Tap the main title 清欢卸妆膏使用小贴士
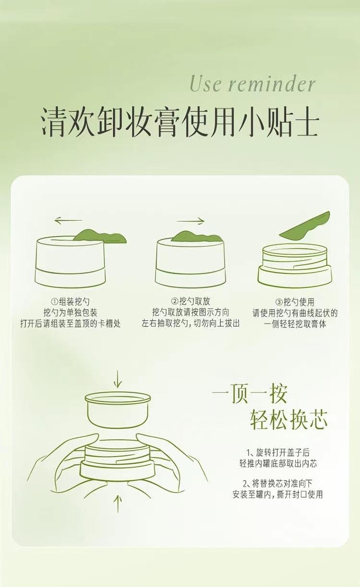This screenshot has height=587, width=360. click(180, 123)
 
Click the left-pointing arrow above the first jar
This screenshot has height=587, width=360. click(68, 221)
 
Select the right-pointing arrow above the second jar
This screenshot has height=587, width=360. click(191, 221)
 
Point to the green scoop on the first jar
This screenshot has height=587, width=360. click(101, 236)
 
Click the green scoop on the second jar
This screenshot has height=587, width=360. click(197, 237)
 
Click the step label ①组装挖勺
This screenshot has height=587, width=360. click(70, 301)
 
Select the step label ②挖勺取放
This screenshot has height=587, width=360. click(191, 301)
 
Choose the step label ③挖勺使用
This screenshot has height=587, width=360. click(295, 302)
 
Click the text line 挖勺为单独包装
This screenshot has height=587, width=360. click(70, 313)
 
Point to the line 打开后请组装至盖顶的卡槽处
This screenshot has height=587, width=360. click(70, 324)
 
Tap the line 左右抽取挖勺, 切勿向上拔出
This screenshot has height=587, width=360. click(191, 324)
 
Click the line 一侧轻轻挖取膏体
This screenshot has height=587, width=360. click(295, 324)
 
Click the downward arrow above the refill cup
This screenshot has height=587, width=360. click(118, 379)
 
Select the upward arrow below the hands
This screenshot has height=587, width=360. click(118, 503)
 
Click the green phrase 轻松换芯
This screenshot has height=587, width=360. click(288, 419)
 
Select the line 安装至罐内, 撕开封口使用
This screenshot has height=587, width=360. click(277, 494)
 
